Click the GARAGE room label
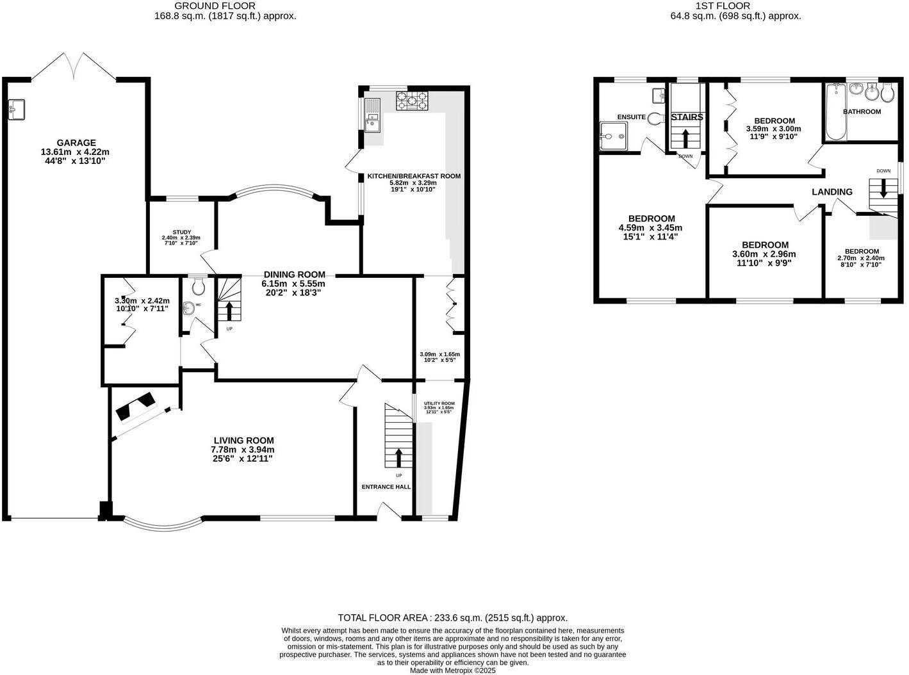(76, 143)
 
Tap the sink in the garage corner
(17, 109)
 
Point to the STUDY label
(181, 232)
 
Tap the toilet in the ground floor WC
(197, 283)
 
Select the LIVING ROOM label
(243, 440)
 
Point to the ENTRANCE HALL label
(386, 487)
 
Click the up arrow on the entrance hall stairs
(398, 457)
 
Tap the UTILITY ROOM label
(439, 403)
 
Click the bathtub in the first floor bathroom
(834, 116)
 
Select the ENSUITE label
(631, 117)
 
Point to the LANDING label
(832, 191)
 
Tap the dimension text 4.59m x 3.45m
(650, 227)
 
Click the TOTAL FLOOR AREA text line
(453, 618)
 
